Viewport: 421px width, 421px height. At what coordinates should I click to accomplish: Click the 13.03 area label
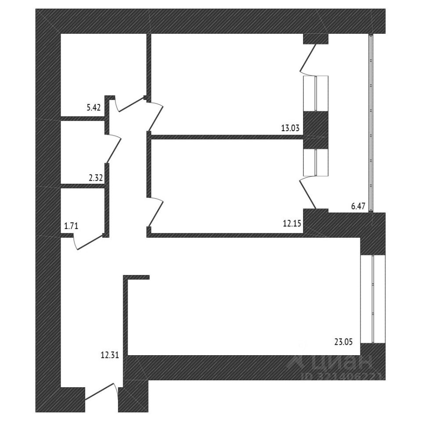(x=290, y=128)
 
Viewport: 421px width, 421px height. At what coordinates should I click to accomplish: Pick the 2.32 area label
(x=96, y=178)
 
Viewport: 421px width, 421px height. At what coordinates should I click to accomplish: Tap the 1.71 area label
(x=71, y=226)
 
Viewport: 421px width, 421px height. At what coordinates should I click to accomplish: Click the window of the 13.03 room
(x=316, y=93)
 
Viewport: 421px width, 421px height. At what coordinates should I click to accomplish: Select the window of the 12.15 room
(x=316, y=163)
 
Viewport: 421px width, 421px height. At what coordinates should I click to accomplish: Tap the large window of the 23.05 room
(x=372, y=299)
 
